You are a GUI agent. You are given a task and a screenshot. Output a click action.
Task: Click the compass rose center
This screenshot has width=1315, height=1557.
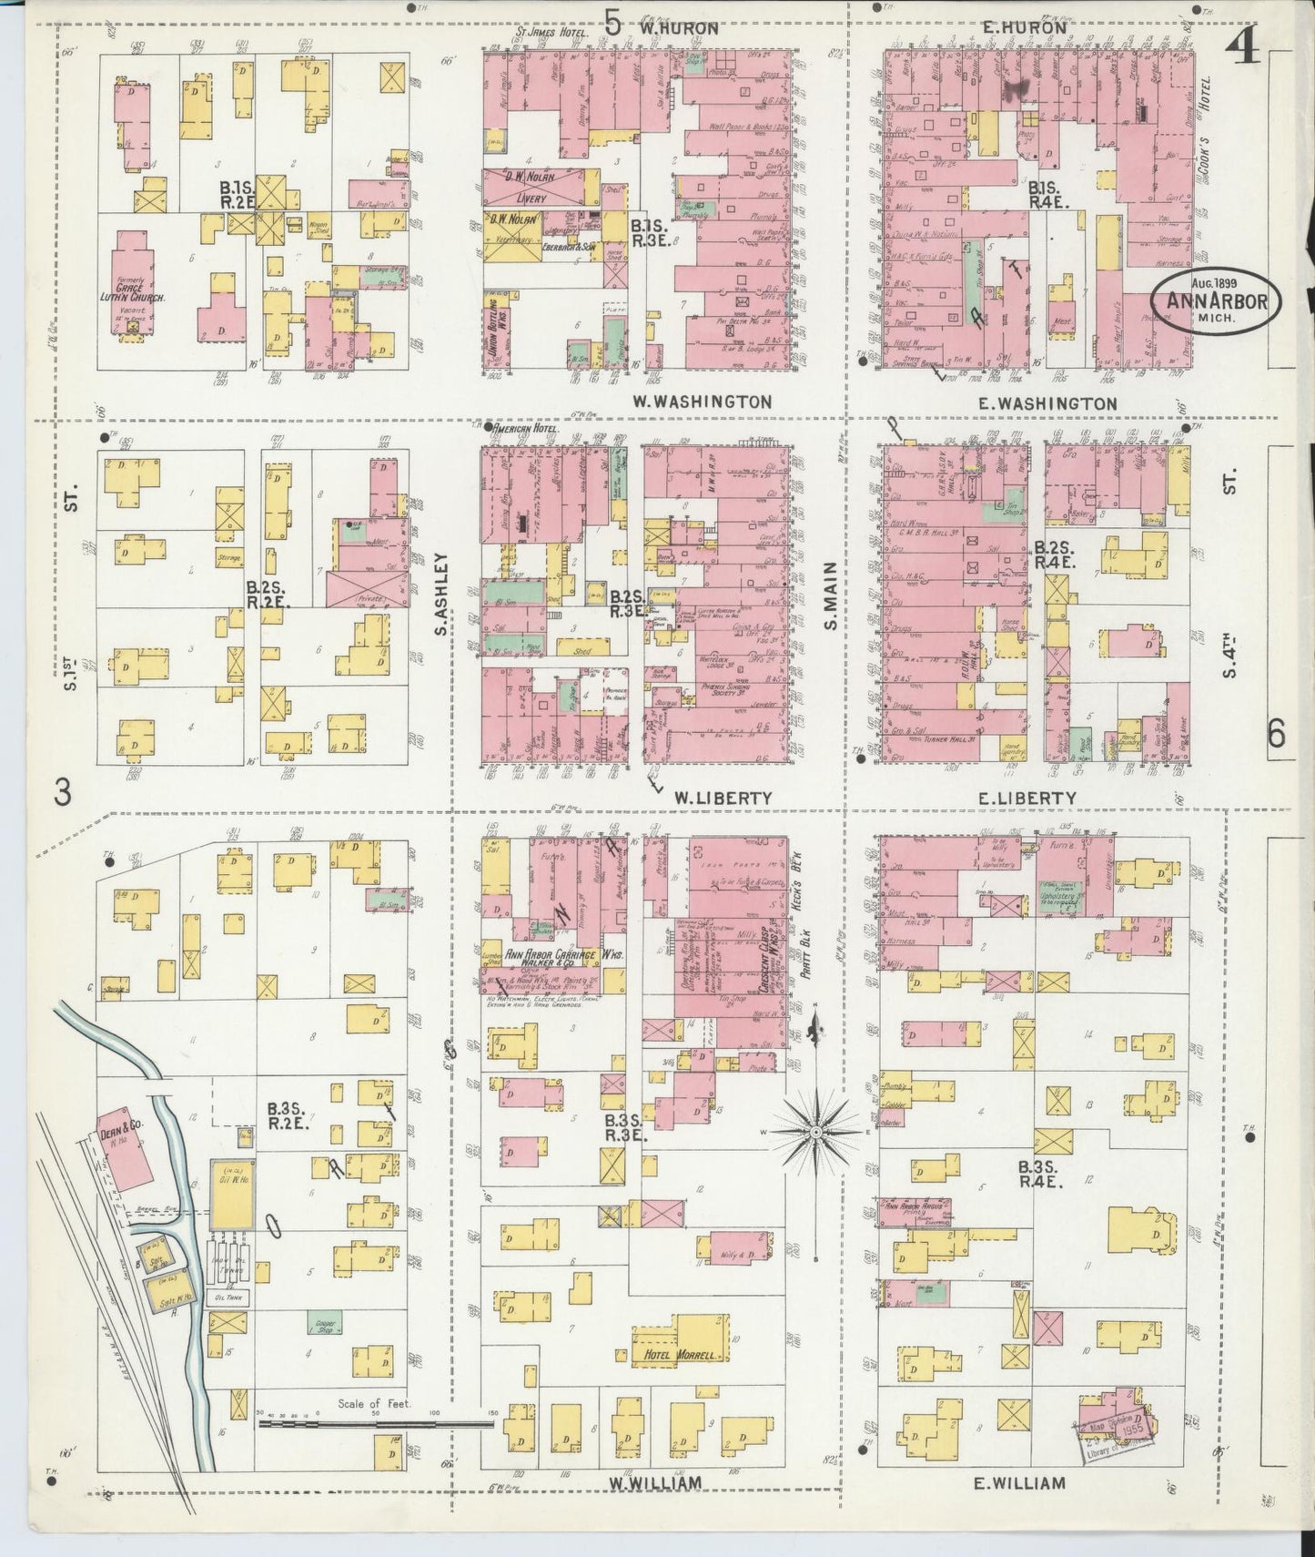point(816,1131)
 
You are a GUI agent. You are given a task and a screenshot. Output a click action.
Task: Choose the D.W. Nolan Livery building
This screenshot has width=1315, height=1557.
point(533,186)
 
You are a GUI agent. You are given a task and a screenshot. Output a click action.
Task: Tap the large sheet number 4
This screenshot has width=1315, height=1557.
point(1241,46)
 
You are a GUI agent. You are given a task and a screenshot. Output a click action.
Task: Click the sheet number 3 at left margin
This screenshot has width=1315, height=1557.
point(62,793)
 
